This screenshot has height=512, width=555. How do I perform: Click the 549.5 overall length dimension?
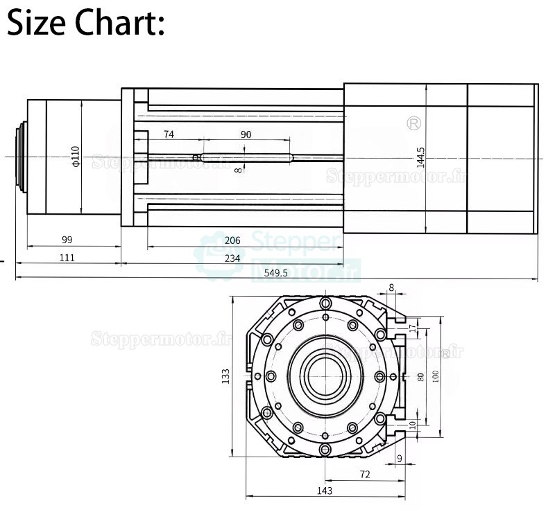click(x=276, y=273)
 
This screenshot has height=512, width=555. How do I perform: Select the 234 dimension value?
click(x=232, y=258)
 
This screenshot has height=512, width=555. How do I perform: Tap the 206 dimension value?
click(x=232, y=240)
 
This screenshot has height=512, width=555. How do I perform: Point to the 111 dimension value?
click(x=67, y=258)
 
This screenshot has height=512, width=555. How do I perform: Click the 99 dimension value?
click(x=67, y=240)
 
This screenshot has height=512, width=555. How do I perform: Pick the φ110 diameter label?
click(x=76, y=157)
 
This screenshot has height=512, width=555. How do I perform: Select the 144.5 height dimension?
click(x=420, y=157)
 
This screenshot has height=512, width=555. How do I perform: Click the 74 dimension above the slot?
click(x=169, y=134)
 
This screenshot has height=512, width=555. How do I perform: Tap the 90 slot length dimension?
click(x=246, y=134)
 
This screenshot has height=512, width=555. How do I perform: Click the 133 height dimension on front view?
click(x=225, y=376)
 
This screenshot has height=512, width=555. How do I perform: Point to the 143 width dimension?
click(x=324, y=491)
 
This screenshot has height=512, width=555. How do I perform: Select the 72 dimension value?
click(x=365, y=475)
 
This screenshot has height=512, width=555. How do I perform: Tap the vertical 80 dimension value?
click(x=420, y=376)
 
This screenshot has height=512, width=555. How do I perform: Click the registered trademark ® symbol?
click(x=414, y=123)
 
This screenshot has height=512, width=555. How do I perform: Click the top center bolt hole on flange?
click(x=325, y=303)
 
